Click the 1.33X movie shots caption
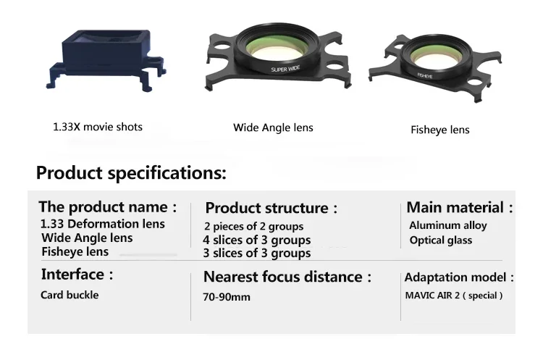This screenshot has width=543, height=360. click(x=98, y=127)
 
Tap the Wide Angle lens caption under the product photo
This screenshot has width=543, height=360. click(x=273, y=127)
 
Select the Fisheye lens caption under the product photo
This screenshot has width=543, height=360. click(x=439, y=130)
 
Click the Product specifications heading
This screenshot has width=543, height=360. click(x=131, y=174)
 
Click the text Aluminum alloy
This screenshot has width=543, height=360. click(x=448, y=225)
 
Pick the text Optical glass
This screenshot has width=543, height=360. click(x=440, y=240)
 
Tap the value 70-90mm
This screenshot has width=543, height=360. click(x=227, y=297)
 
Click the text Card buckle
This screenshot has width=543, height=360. click(x=70, y=295)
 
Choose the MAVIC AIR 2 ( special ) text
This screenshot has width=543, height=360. click(x=454, y=295)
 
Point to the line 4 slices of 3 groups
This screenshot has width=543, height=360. click(x=257, y=240)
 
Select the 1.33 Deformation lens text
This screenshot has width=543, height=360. click(x=102, y=225)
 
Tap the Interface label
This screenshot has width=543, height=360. click(x=77, y=275)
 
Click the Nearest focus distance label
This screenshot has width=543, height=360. click(x=287, y=277)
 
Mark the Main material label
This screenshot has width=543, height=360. click(x=460, y=208)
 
